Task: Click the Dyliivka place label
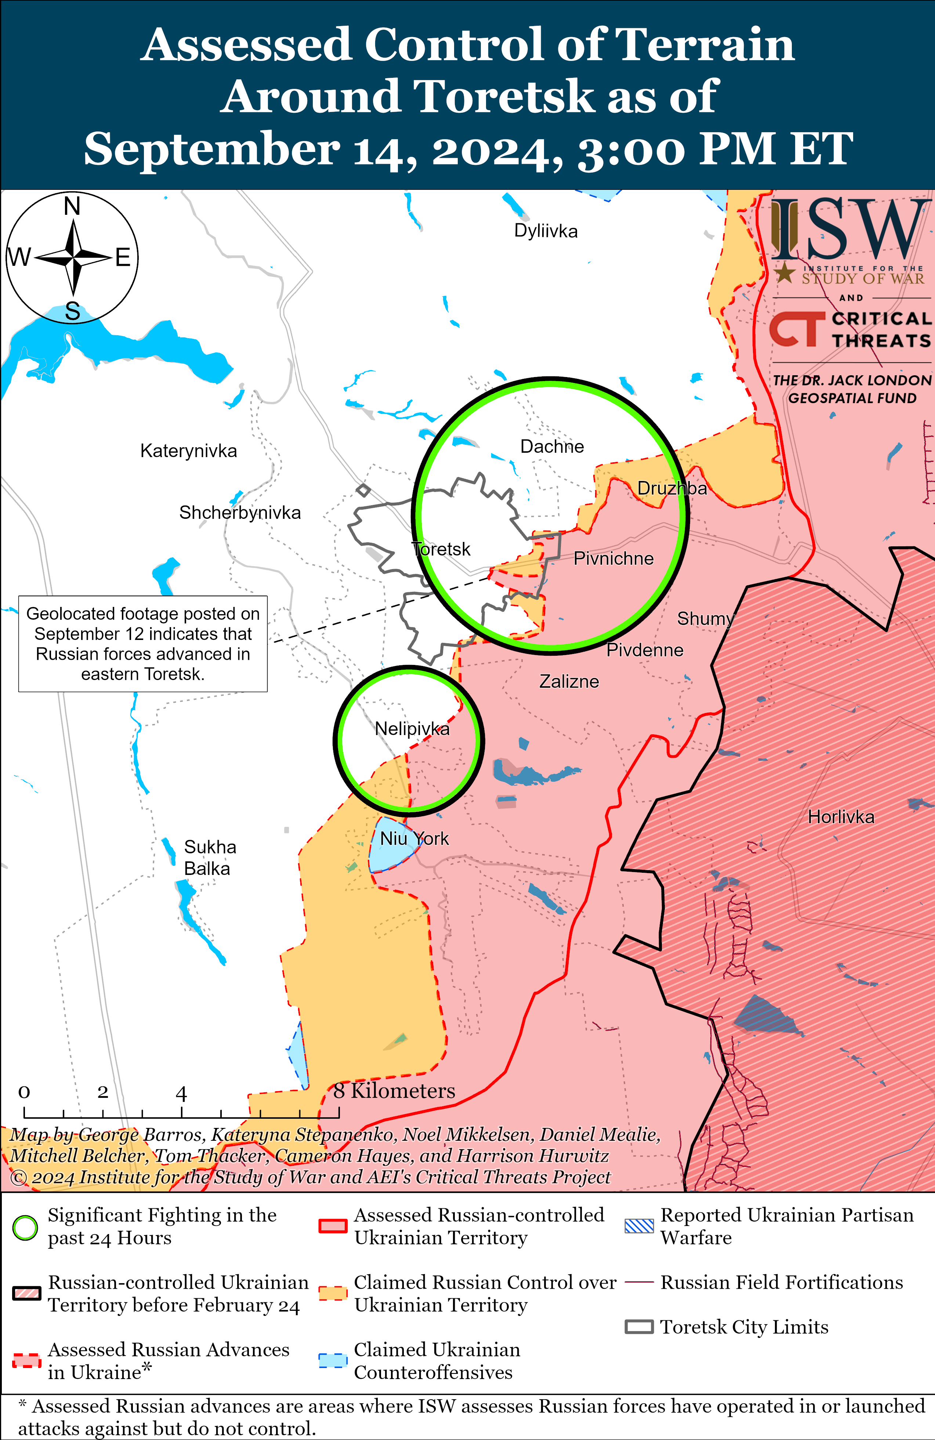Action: (546, 231)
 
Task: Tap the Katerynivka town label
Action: (188, 451)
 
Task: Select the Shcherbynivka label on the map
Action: (239, 513)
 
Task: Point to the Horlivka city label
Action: (841, 817)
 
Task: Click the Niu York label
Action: (414, 839)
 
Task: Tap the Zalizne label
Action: (569, 681)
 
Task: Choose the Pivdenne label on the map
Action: (645, 650)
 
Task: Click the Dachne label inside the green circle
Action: (551, 446)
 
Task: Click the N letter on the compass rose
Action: (72, 206)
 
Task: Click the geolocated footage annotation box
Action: (143, 644)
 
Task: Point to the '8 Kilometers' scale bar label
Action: (394, 1091)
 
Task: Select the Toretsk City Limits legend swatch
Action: (639, 1327)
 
